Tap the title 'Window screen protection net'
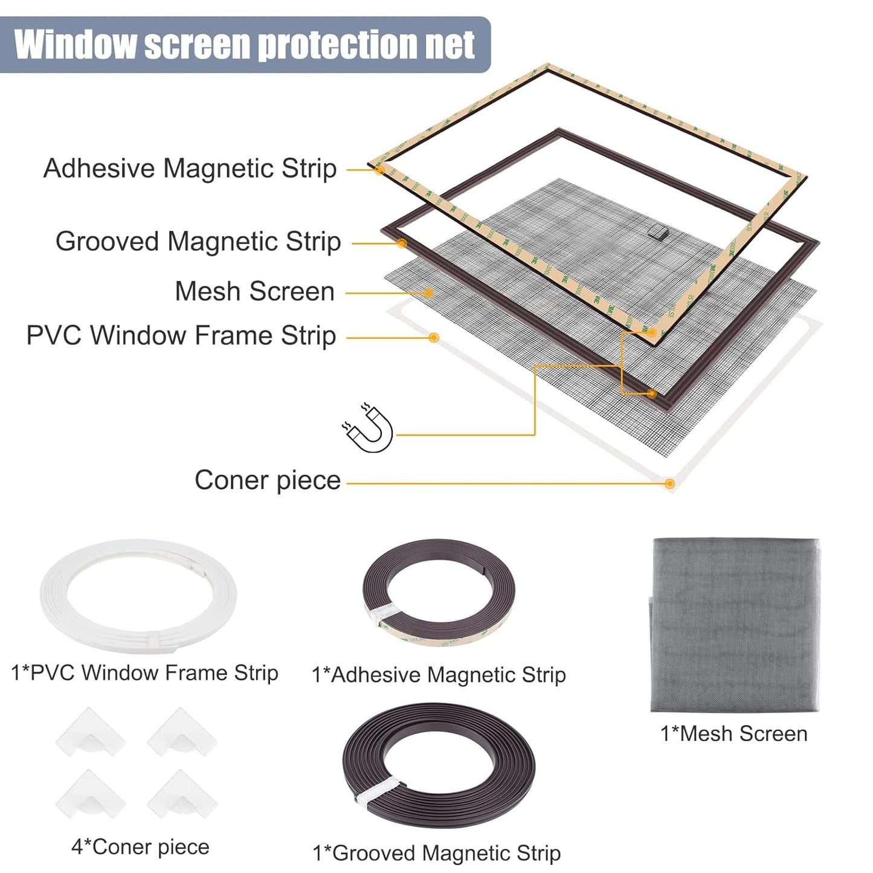click(245, 45)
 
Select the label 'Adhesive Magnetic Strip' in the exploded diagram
click(190, 169)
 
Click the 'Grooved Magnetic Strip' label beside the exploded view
click(198, 242)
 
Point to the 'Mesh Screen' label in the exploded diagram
click(254, 291)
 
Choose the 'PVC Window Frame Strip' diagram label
click(181, 335)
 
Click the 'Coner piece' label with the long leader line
click(268, 480)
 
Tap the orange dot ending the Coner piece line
click(669, 483)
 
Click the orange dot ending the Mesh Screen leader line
click(428, 293)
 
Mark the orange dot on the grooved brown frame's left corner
click(402, 243)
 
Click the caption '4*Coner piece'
click(140, 847)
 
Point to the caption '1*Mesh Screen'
click(734, 733)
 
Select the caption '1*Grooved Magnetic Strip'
click(437, 853)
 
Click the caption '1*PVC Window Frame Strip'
click(144, 672)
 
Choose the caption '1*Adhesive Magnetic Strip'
click(439, 675)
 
